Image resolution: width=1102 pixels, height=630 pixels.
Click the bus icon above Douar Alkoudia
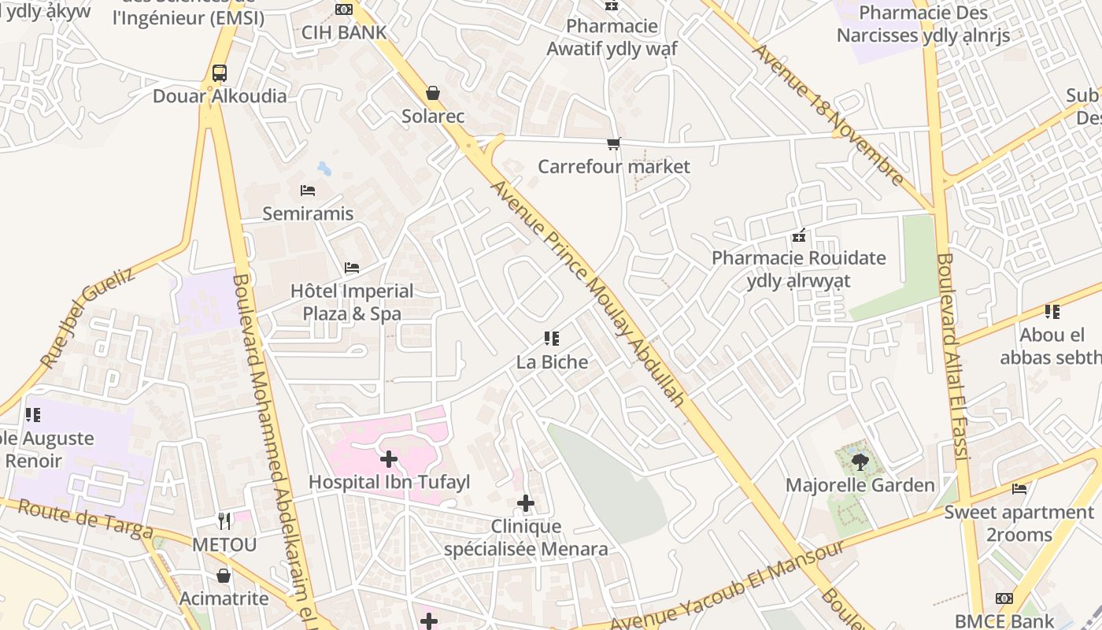[220, 73]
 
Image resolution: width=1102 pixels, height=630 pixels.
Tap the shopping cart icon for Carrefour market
[613, 143]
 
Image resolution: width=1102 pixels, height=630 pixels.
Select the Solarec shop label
[433, 117]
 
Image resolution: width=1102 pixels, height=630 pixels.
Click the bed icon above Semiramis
[308, 191]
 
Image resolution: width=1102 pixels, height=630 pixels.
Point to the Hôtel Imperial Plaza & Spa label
[352, 302]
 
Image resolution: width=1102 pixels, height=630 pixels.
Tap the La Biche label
[552, 362]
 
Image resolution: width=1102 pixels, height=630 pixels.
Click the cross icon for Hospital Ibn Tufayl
[389, 458]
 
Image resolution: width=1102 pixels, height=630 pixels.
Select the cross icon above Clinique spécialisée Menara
[526, 503]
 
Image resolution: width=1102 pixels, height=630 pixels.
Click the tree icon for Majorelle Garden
[860, 462]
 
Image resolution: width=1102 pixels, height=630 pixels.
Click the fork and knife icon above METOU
[225, 521]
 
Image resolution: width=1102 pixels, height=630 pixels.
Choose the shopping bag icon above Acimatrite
[224, 576]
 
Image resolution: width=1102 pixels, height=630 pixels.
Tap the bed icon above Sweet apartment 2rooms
[1019, 488]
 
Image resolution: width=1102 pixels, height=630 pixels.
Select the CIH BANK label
[344, 32]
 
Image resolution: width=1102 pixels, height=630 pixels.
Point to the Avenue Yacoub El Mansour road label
[728, 584]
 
